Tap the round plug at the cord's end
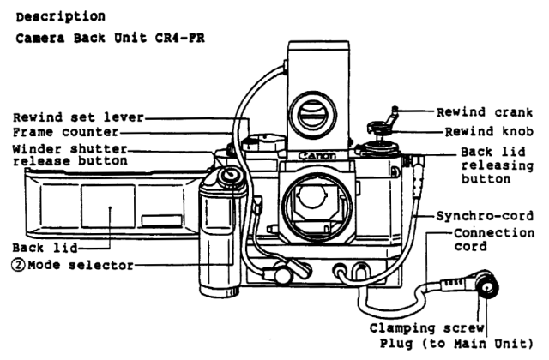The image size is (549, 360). tap(487, 291)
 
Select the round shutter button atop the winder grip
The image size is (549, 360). tap(228, 177)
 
